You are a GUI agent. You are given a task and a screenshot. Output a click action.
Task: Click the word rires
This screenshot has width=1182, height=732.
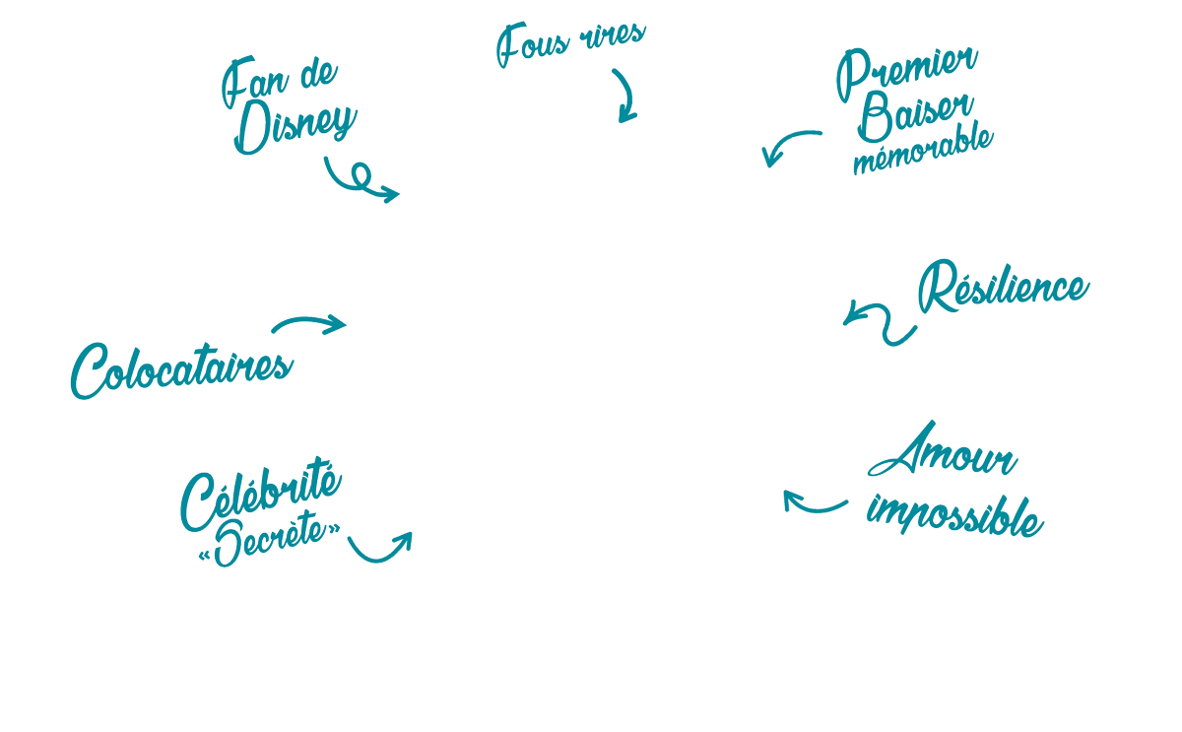point(613,35)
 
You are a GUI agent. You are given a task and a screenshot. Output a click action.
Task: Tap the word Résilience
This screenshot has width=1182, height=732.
point(1003,288)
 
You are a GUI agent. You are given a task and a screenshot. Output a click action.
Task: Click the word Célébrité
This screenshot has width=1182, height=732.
point(261,496)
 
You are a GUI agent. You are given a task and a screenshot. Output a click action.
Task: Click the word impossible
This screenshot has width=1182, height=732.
point(953,515)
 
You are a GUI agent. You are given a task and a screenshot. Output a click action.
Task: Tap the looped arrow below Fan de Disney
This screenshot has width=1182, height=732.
point(361,181)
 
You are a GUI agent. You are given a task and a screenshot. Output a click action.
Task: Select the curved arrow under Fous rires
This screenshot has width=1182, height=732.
point(625,96)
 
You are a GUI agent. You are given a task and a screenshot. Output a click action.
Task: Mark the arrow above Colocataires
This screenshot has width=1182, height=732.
point(309,323)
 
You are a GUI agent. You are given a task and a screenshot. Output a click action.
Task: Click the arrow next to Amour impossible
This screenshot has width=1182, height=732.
point(814,503)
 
